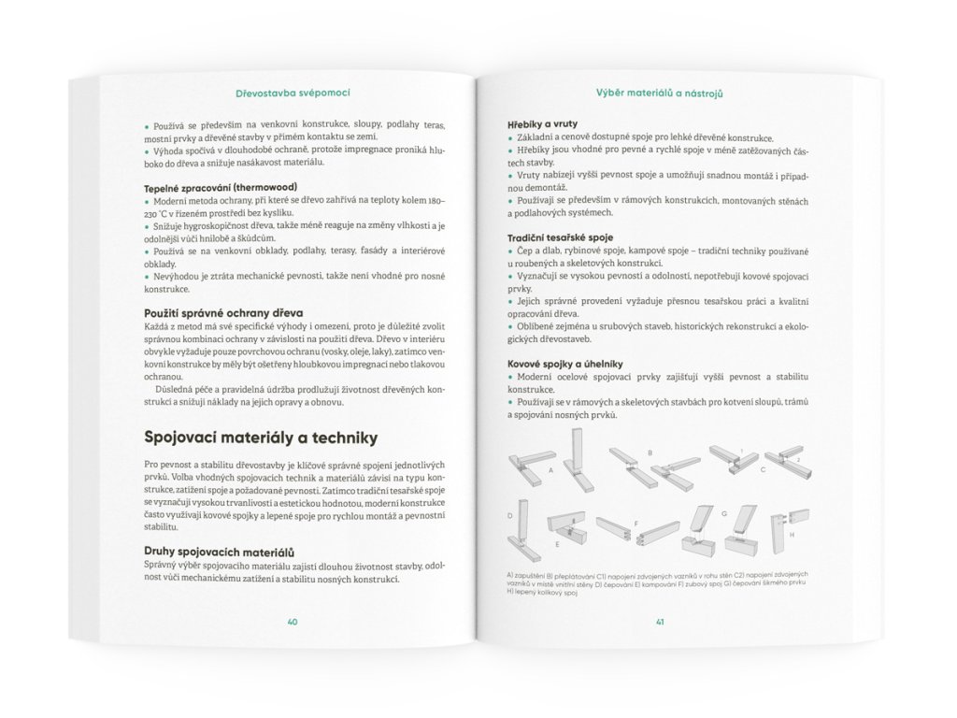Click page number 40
tap(293, 621)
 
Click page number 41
tap(660, 621)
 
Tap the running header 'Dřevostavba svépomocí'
tap(293, 93)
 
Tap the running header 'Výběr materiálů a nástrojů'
tap(661, 93)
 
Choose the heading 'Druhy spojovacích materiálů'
tap(220, 551)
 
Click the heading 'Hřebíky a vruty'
tap(543, 122)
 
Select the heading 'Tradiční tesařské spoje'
tap(561, 237)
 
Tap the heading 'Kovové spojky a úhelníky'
tap(566, 362)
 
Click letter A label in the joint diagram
tap(552, 470)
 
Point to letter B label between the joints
tap(649, 452)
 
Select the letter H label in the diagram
tap(791, 534)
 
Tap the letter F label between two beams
tap(636, 524)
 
